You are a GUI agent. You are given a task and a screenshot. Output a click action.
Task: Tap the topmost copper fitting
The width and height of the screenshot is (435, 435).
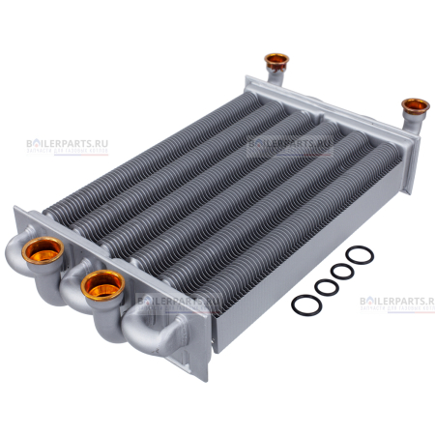(276, 64)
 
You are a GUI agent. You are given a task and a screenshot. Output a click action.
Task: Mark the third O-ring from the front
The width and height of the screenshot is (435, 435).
(341, 271)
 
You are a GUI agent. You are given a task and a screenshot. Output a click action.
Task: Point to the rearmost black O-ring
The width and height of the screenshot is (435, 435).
(359, 256)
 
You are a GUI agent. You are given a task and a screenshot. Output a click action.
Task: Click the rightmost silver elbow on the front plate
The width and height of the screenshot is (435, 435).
(159, 333)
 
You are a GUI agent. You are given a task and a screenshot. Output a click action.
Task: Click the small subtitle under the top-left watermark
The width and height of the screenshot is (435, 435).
(68, 153)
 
